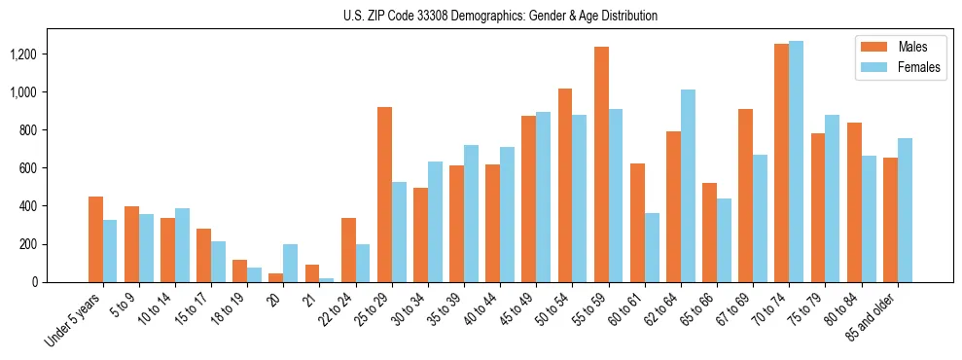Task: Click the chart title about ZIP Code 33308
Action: (x=500, y=16)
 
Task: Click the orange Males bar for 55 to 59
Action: (x=601, y=164)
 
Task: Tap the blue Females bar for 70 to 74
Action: (x=796, y=162)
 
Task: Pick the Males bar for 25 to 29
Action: (x=384, y=195)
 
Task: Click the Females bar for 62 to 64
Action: (x=688, y=186)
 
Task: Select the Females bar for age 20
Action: (x=291, y=263)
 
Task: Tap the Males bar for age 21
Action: (x=312, y=273)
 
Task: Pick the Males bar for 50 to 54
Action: (x=565, y=185)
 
